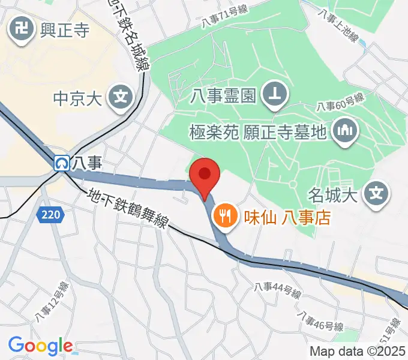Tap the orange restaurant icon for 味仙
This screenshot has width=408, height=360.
coord(226,215)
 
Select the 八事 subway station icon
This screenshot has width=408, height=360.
coord(61,162)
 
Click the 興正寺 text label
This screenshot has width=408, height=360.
coord(64,29)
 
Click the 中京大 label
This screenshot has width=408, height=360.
coord(79,97)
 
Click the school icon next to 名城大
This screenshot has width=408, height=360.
coord(376,193)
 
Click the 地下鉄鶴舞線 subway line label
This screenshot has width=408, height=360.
coord(126,208)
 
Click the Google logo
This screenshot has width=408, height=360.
coord(40,346)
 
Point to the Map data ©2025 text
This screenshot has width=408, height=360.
coord(358,352)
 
